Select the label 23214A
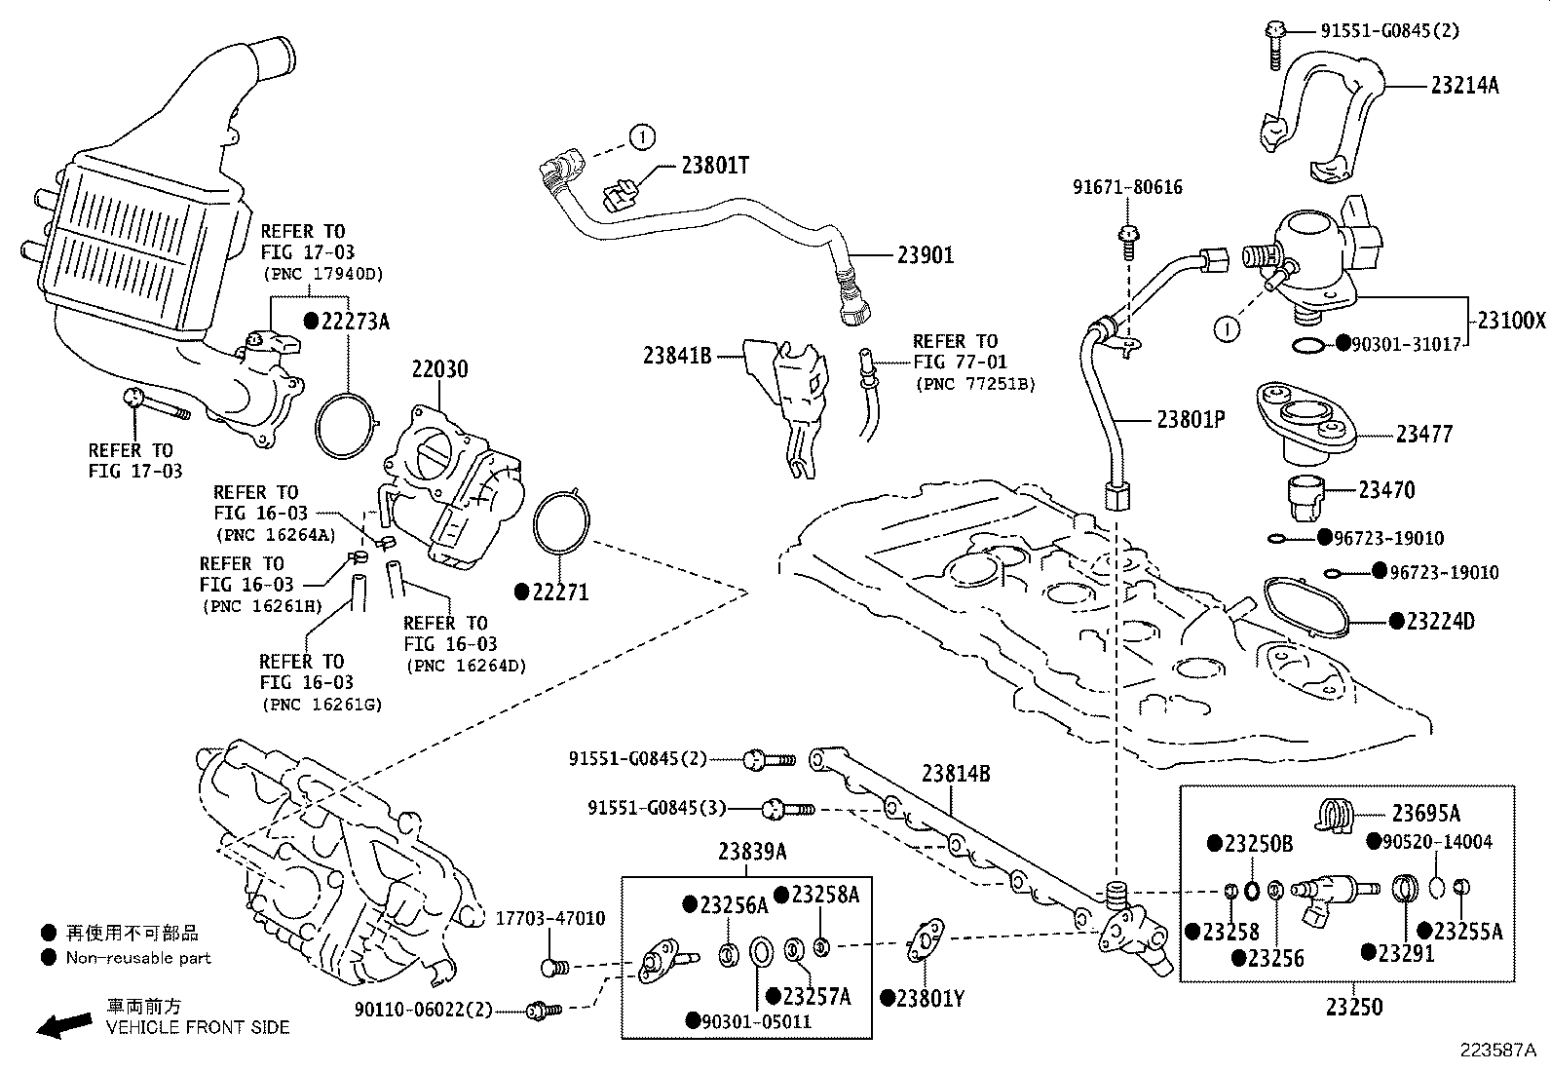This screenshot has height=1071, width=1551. [1464, 85]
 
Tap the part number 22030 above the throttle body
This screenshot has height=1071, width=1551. [439, 369]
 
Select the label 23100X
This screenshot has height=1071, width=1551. [1511, 320]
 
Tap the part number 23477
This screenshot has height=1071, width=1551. [1423, 434]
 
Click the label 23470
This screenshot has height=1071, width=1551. [1386, 490]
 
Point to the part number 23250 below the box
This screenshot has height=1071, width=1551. [1354, 1006]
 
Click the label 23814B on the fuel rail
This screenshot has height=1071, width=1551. [956, 774]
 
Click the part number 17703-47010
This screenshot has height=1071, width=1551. [549, 918]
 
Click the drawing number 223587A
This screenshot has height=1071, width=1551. [1496, 1050]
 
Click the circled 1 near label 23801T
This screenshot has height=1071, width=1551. [642, 137]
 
